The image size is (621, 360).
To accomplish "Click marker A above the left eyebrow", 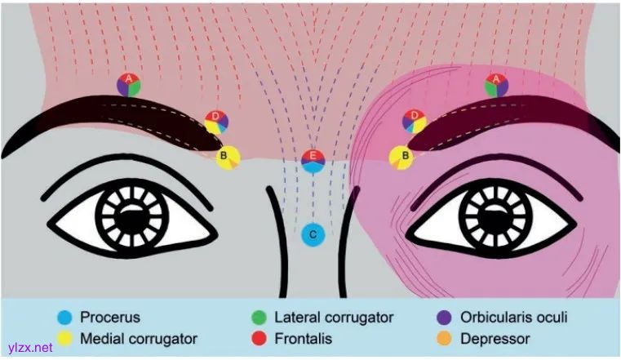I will (x=128, y=84).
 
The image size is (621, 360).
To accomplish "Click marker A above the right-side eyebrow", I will (x=495, y=84).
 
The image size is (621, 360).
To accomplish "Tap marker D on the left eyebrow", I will (x=216, y=122).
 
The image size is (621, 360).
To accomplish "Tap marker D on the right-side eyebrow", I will (x=415, y=122).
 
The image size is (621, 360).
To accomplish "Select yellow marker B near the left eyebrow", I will (x=228, y=157).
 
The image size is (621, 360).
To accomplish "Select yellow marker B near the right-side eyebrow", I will (x=401, y=157).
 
